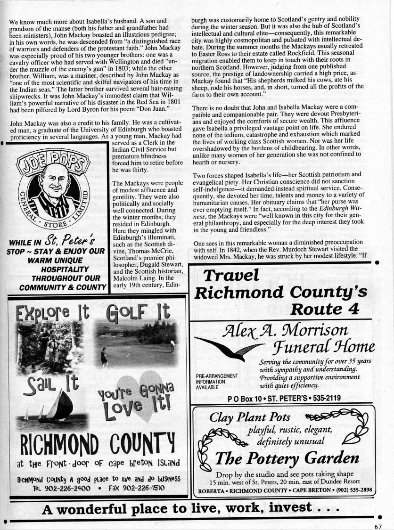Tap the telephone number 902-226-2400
tap(62, 488)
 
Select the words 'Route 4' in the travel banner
tap(325, 309)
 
